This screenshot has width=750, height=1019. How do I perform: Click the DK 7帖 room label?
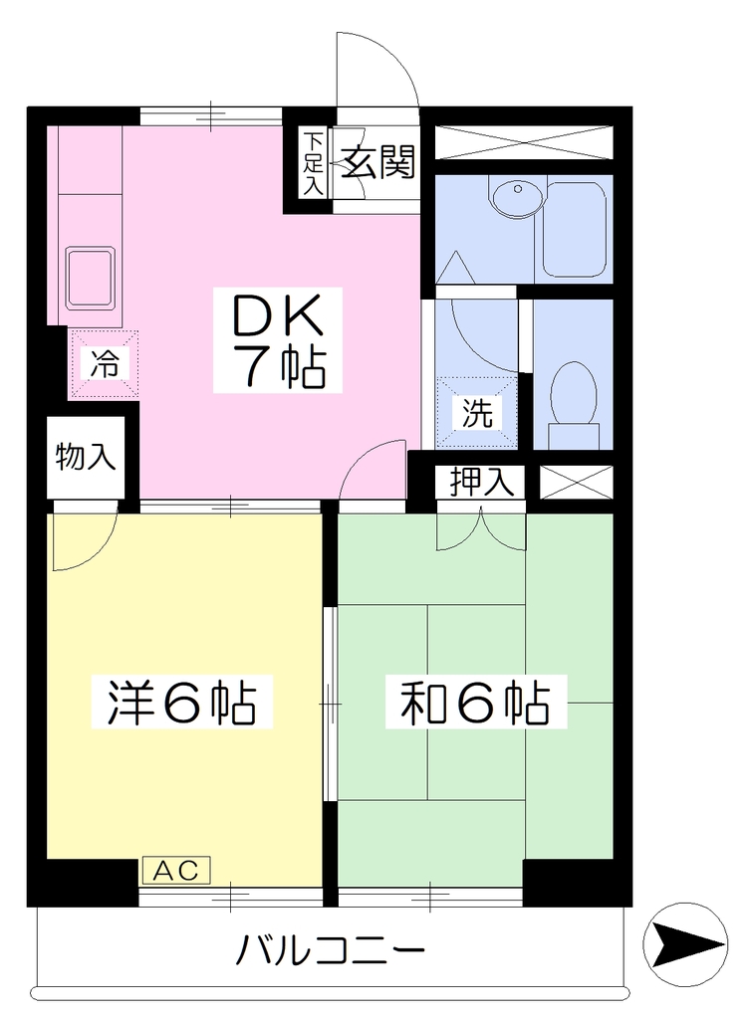[x=278, y=340]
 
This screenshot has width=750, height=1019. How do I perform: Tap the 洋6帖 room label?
[x=182, y=702]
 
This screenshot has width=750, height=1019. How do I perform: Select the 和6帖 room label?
[x=476, y=702]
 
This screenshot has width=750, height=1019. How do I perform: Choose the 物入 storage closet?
[x=86, y=458]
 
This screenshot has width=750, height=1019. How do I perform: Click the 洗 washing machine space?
[x=477, y=412]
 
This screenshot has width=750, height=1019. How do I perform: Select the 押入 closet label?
[x=482, y=483]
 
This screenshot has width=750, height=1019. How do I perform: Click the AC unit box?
[x=176, y=871]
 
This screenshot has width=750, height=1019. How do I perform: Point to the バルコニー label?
[x=330, y=950]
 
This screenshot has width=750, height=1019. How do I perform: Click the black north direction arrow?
[x=685, y=944]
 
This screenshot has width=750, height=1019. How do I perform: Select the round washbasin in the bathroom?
[x=517, y=196]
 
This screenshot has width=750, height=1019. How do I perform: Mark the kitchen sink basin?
[x=91, y=279]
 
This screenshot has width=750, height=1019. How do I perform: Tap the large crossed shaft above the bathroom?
[x=524, y=143]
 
